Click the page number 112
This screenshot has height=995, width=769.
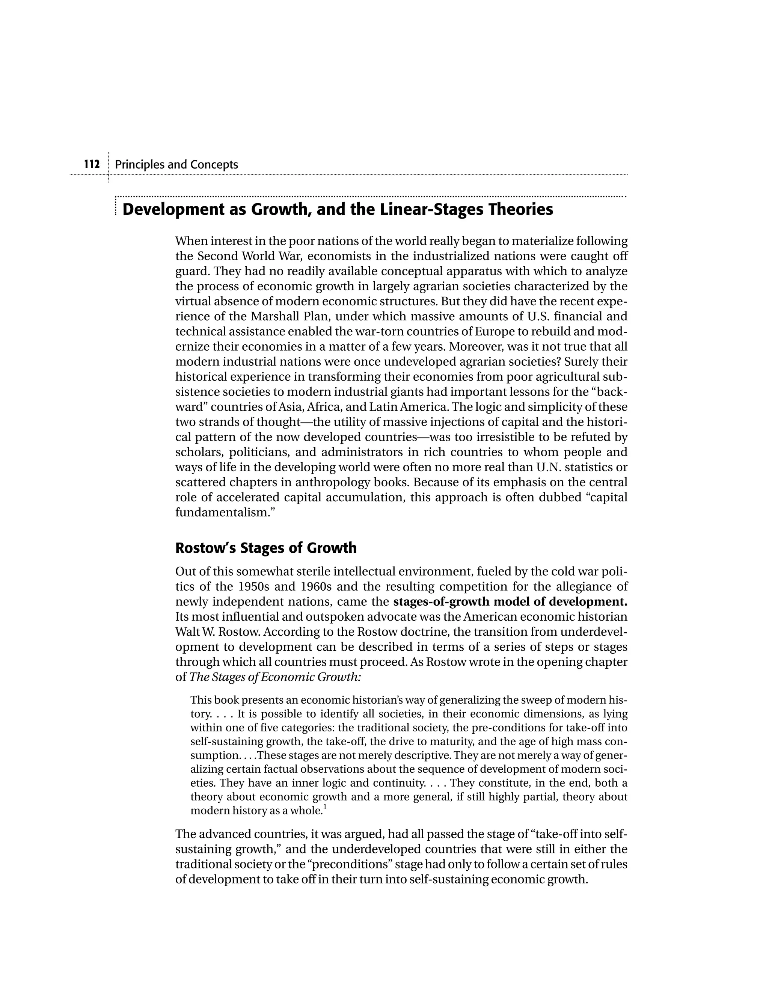point(92,164)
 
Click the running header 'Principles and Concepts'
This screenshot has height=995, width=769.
point(176,164)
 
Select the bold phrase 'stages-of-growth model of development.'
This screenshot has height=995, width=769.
point(510,602)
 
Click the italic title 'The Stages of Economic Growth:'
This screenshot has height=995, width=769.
point(275,677)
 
